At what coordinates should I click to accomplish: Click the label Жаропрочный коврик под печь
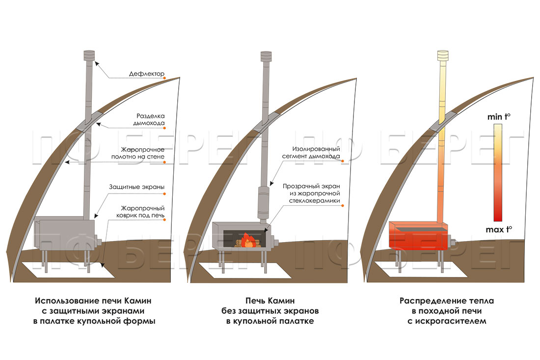coord(143,212)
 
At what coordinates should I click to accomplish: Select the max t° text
coord(499,228)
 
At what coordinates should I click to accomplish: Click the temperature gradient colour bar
coord(498,172)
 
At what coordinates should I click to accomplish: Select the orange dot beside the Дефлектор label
coord(165,78)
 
